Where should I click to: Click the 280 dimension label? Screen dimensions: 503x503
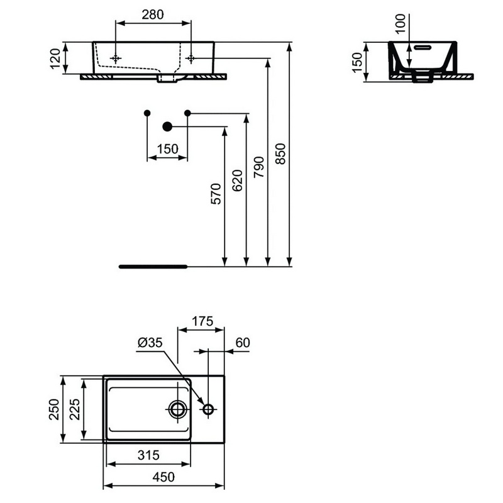(x=153, y=14)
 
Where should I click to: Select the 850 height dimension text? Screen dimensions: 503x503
(x=280, y=153)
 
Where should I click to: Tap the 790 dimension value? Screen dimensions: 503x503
(x=259, y=167)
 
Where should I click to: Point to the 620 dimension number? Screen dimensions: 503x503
(x=238, y=180)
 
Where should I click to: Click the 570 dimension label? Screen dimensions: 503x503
(x=216, y=194)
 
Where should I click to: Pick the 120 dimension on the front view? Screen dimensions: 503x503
(x=55, y=58)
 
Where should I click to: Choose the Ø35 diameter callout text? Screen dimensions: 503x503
(x=150, y=343)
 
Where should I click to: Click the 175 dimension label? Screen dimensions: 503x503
(x=202, y=321)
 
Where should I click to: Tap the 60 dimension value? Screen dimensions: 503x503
(x=243, y=343)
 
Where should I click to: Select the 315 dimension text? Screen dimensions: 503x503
(x=148, y=455)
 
